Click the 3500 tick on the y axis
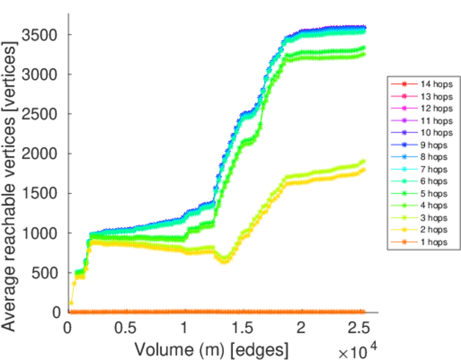[40, 35]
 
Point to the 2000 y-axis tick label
[40, 154]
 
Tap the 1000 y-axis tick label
[40, 233]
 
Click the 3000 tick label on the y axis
[40, 74]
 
